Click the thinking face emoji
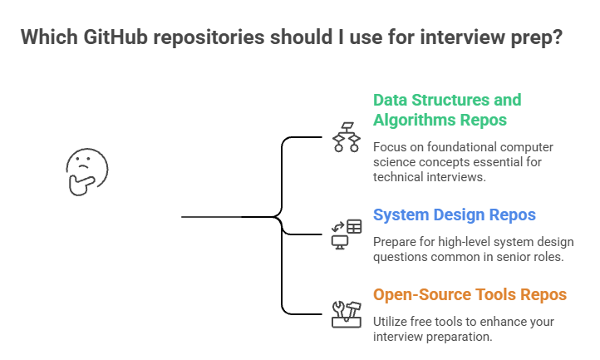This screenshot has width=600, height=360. coord(86,170)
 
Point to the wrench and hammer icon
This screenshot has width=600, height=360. coord(347,313)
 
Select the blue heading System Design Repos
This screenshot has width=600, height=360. coord(455,215)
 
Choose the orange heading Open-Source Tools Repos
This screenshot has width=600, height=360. coord(470,294)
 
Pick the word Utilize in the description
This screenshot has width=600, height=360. coord(391,321)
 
